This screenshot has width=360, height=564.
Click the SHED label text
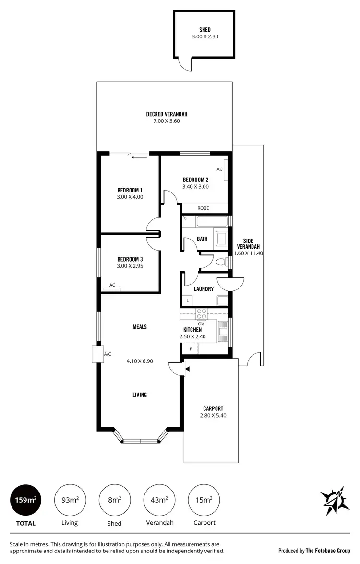(205, 30)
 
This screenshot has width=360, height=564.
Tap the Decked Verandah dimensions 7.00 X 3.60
(167, 121)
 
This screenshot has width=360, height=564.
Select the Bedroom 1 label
(130, 190)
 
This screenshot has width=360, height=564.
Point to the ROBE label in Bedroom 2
(203, 208)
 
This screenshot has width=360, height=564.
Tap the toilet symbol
(221, 262)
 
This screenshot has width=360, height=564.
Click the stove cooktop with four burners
(202, 313)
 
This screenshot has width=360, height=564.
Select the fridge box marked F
(191, 349)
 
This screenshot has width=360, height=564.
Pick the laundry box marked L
(187, 300)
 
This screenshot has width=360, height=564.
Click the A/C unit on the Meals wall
(98, 354)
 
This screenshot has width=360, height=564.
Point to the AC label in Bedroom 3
(112, 285)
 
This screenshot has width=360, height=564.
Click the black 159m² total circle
(25, 500)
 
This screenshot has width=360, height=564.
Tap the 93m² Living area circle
(70, 500)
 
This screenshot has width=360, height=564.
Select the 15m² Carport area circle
(204, 500)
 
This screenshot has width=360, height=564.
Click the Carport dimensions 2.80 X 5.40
(213, 416)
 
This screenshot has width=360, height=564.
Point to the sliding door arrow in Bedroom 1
(139, 156)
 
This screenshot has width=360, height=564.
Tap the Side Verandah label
(248, 244)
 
